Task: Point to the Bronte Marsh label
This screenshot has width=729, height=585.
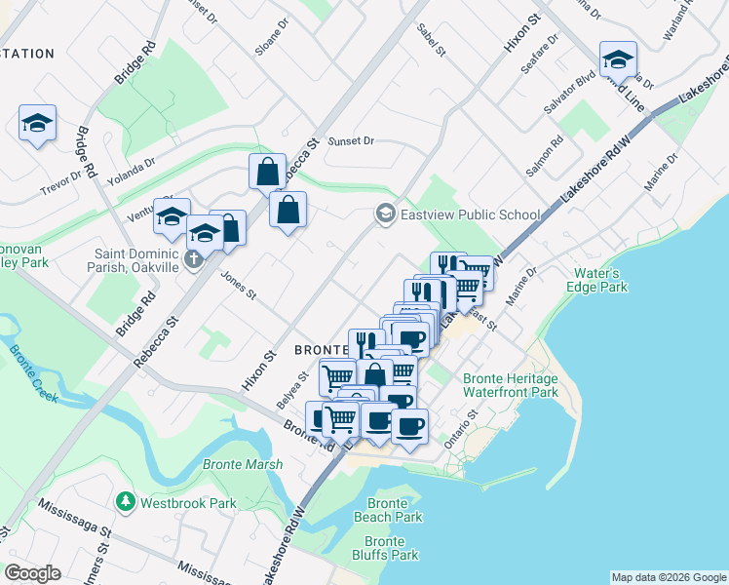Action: point(243,465)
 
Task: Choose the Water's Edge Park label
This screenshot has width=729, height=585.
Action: point(597,280)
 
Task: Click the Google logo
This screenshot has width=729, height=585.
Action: point(32,573)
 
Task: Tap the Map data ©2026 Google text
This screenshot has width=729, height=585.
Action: point(668,577)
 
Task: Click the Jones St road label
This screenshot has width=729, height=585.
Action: point(238,287)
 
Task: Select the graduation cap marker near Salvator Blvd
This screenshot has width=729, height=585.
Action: point(618,59)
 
